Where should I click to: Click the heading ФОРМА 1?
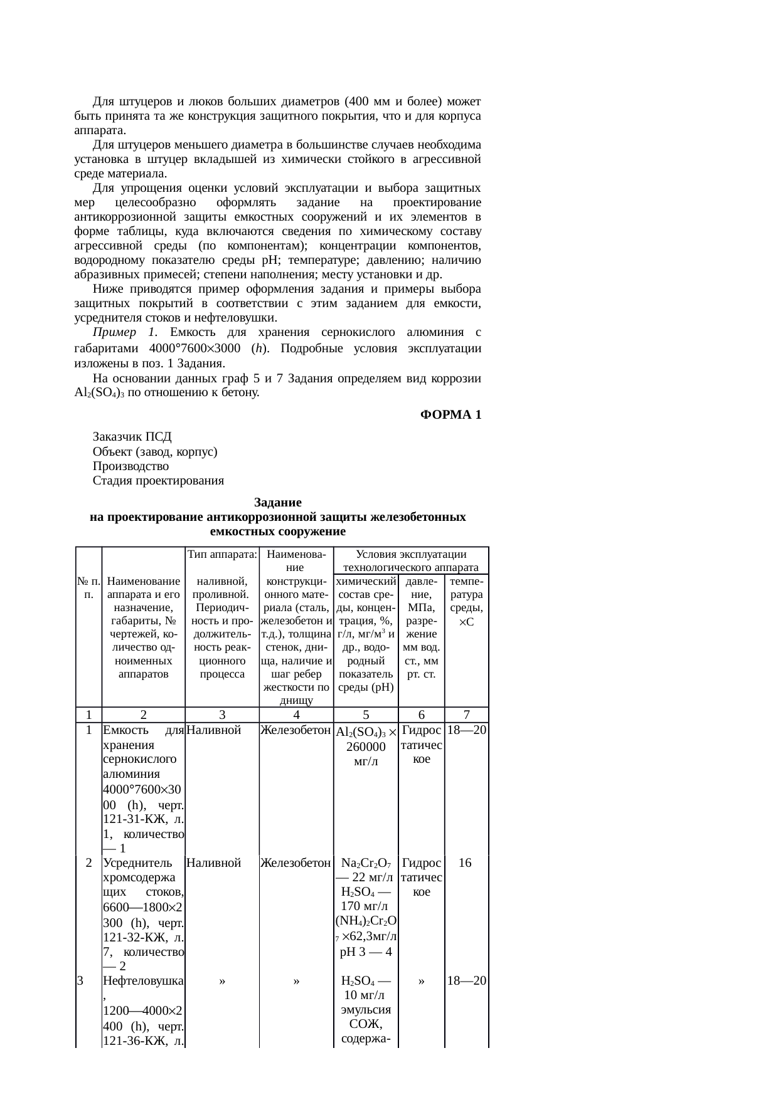pos(450,415)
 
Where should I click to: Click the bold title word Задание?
pos(278,503)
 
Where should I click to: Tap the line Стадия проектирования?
pos(158,481)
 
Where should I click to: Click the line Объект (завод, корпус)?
pos(155,451)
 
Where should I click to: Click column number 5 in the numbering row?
pos(366,715)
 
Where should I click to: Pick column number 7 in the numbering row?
pos(466,715)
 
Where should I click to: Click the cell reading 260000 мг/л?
pos(365,755)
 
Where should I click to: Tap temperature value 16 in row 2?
pos(465,863)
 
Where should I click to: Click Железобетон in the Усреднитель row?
pos(296,863)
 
